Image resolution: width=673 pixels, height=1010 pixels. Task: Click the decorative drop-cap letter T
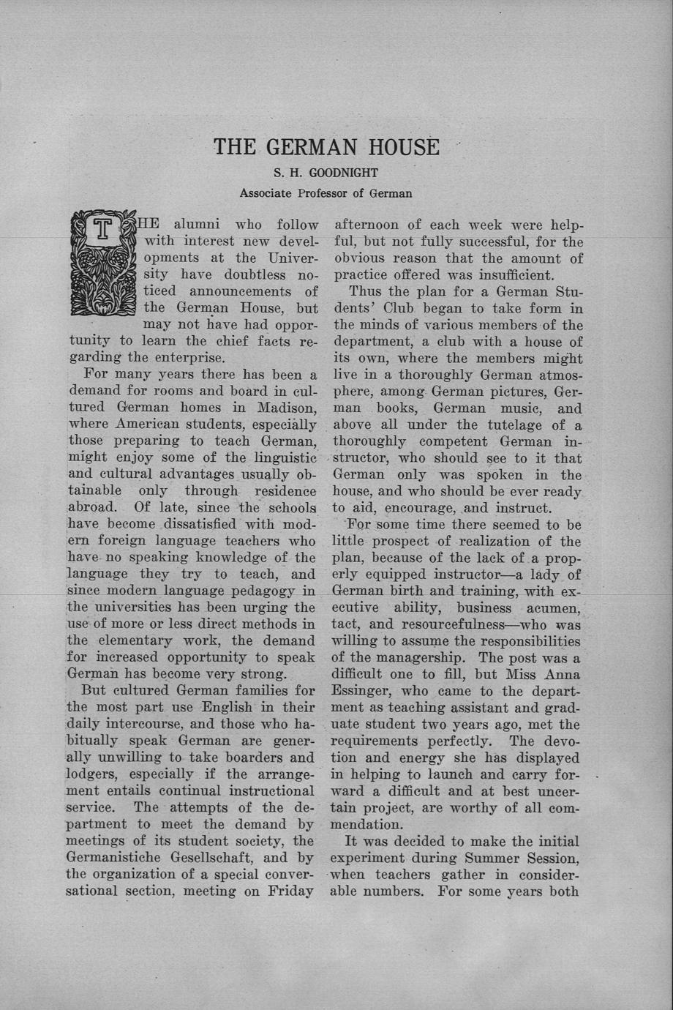(x=103, y=231)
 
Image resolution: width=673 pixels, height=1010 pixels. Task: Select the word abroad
(x=92, y=507)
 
